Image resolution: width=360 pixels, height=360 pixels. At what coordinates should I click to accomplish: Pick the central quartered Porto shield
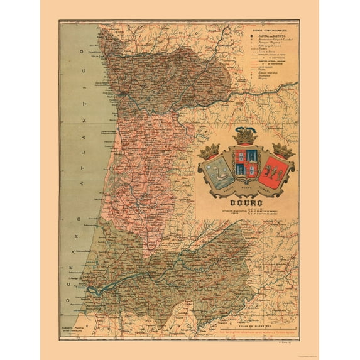pyautogui.click(x=246, y=165)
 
